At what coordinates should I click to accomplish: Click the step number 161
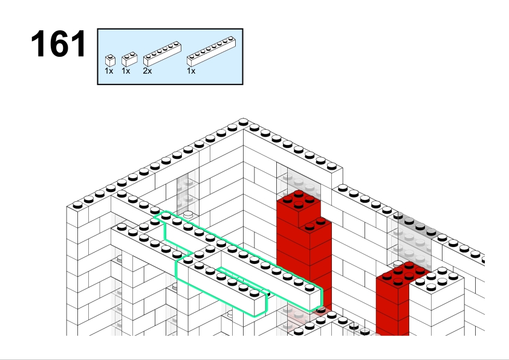59,43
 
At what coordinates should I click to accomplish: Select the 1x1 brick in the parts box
110,60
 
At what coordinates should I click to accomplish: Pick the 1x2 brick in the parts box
129,59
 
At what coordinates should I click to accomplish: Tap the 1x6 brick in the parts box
162,54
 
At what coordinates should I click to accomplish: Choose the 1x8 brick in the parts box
212,51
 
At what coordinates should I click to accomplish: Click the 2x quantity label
148,71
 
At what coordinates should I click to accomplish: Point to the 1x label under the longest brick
191,71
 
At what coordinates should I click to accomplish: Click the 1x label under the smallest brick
109,71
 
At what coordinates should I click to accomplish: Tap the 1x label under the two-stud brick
126,71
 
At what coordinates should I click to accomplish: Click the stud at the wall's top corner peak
243,122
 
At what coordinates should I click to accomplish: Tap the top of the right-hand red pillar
403,273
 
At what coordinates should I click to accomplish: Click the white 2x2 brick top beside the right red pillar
437,279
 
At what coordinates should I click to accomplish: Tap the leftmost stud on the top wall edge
77,205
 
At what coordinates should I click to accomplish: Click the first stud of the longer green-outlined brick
166,215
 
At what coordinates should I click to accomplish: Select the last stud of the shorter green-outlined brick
254,293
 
